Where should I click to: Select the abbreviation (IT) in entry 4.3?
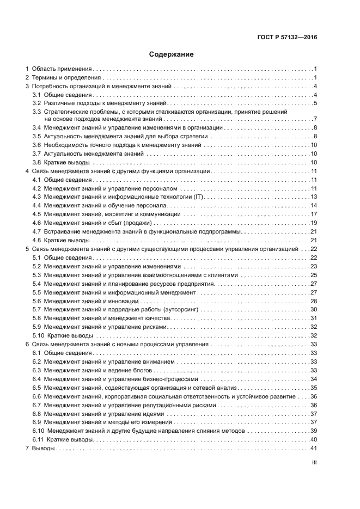click(x=194, y=197)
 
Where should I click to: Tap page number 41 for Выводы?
click(x=313, y=448)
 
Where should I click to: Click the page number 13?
click(x=314, y=197)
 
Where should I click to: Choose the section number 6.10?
click(x=39, y=431)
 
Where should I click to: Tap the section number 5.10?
click(x=39, y=335)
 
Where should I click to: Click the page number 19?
click(x=314, y=223)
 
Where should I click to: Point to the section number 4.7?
click(x=37, y=231)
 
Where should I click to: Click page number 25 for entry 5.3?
click(x=314, y=275)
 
